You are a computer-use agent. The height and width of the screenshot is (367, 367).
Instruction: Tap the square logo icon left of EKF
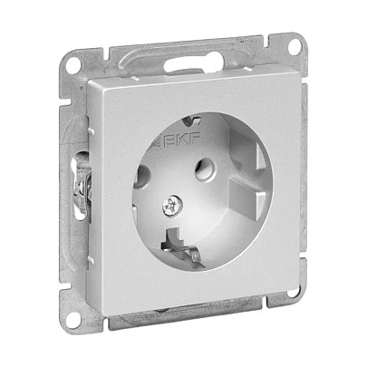click(158, 143)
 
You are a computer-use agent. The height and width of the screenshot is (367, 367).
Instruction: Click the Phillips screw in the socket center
click(172, 206)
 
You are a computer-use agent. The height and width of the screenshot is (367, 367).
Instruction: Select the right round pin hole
click(206, 169)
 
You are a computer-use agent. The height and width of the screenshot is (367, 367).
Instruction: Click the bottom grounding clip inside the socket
click(181, 246)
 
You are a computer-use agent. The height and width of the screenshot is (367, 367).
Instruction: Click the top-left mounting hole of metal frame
click(73, 65)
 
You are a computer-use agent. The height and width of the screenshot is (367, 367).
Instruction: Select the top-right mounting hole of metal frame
click(295, 47)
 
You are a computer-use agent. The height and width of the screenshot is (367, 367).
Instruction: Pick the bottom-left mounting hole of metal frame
click(73, 319)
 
